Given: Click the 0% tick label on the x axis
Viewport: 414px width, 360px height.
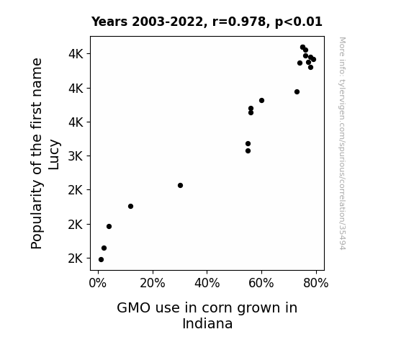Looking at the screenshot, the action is pos(98,283).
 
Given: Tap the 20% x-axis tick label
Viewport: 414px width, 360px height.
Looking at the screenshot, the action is pos(153,283).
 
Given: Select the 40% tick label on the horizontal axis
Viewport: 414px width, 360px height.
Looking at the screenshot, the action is pos(207,283).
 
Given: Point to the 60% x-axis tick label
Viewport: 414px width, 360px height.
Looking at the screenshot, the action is pos(261,283).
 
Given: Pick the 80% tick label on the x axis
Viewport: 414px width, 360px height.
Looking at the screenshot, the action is pos(316,283).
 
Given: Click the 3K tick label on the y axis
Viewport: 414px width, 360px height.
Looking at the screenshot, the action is pos(76,156).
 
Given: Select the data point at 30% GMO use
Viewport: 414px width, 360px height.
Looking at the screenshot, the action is pos(180,186).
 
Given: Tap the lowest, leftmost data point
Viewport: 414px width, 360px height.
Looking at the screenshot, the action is pos(101,260).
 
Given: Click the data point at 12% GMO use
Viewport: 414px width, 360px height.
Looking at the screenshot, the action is pos(130,207).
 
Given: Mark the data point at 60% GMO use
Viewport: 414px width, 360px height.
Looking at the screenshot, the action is pos(261,100).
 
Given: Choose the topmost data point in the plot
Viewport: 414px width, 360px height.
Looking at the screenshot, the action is pos(302,48).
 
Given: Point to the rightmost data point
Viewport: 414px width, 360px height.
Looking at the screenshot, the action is pos(313,60).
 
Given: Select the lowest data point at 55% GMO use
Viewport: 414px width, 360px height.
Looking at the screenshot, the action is pos(248,150).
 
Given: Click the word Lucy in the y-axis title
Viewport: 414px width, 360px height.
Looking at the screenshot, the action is pos(54,155).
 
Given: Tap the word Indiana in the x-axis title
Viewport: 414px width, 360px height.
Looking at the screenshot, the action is pos(207,323).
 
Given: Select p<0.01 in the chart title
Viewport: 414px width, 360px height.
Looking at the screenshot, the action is pos(299,22).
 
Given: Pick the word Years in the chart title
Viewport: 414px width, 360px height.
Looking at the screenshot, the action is pos(109,22).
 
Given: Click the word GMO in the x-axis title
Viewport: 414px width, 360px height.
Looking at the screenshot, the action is pos(134,308).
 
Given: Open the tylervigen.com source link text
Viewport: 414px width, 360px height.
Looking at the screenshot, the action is pos(342,143).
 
